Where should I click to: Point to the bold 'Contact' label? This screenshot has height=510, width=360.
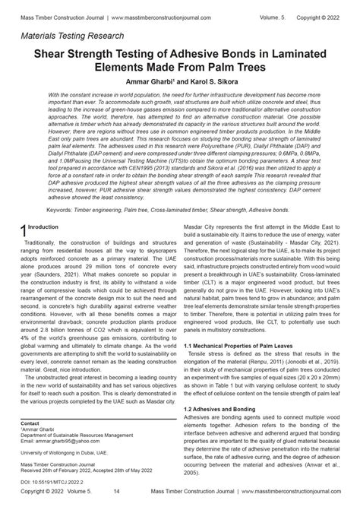click(x=30, y=423)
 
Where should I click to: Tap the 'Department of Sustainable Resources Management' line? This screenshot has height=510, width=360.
click(x=77, y=435)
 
